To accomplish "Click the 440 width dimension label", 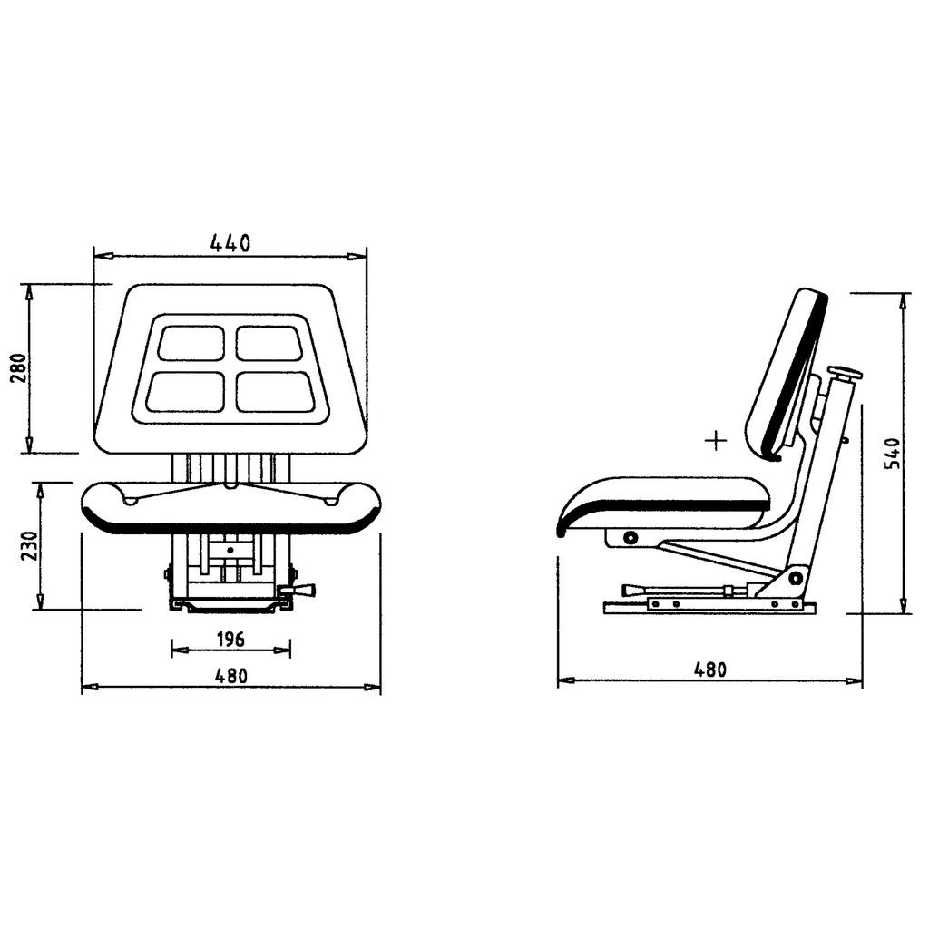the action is coord(230,242).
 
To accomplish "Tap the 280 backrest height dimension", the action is coord(19,368).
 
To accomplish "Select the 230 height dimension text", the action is coord(29,545).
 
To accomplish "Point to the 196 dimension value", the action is coord(230,640).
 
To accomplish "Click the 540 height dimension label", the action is coord(893,454).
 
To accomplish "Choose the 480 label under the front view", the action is coord(230,675).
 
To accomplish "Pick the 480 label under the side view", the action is coord(709,670).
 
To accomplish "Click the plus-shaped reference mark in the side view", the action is coord(717,440).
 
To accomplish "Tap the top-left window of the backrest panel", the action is coord(191,342).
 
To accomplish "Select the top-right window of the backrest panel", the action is coord(269,342).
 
